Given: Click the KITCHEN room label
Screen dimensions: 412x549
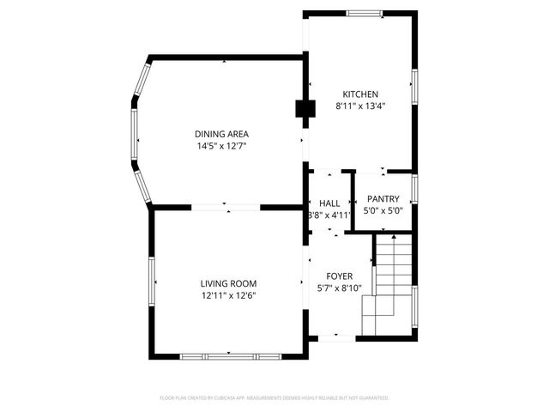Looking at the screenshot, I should (x=360, y=94).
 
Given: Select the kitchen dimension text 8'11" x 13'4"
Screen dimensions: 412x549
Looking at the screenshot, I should (x=360, y=106).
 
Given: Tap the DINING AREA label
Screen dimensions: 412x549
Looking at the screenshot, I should (x=221, y=134).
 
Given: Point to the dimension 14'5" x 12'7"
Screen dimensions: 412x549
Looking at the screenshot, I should (x=221, y=146).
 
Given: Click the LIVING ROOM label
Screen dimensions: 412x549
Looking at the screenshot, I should (x=228, y=283).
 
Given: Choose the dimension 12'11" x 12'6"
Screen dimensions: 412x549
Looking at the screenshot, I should (x=228, y=295).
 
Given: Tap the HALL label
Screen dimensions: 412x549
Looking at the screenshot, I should (x=329, y=203).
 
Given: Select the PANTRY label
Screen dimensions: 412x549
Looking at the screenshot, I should (x=383, y=199).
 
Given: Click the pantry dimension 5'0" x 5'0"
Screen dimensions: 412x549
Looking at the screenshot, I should (x=383, y=211).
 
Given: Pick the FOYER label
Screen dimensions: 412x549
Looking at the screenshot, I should (x=340, y=276).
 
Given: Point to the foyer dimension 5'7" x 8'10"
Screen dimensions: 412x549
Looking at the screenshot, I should (x=340, y=288).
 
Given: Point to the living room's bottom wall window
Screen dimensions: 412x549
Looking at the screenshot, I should (x=229, y=356).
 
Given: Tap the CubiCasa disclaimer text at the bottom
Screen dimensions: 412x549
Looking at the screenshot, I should (x=274, y=398).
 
